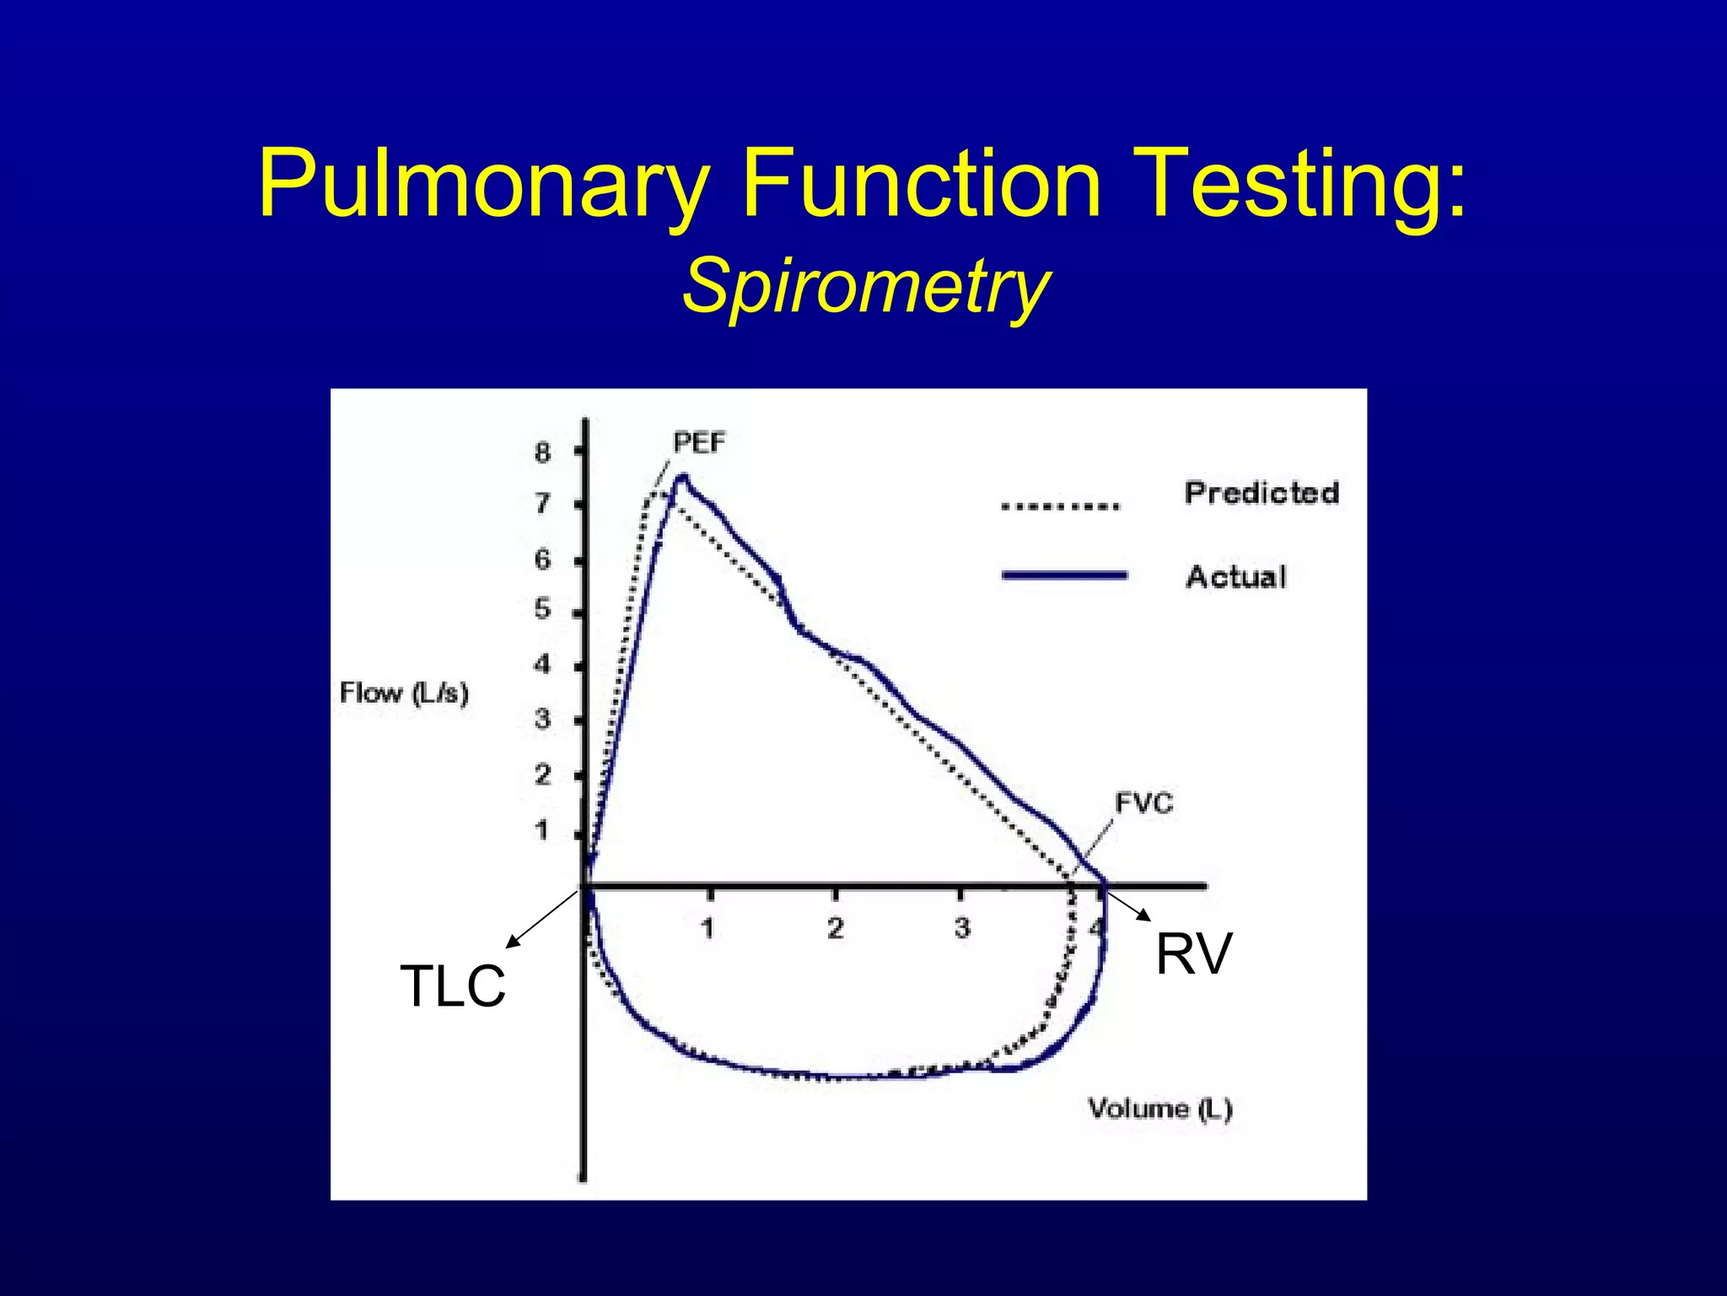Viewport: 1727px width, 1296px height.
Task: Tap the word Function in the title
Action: coord(921,183)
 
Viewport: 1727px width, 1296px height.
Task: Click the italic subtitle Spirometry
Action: coord(866,286)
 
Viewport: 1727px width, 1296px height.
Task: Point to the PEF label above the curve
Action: coord(698,442)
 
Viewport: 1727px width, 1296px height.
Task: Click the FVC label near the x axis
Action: coord(1143,802)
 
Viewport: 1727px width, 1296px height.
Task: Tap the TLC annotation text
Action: coord(452,985)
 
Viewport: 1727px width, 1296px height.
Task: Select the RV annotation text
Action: coord(1193,954)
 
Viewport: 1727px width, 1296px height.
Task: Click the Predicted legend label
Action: coord(1262,493)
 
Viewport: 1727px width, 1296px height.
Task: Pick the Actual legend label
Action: coord(1235,577)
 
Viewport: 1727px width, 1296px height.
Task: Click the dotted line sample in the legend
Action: coord(1060,507)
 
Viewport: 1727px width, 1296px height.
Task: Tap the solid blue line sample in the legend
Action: coord(1064,575)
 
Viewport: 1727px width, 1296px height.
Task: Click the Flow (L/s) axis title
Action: coord(404,694)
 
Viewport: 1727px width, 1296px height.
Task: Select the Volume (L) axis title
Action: coord(1160,1108)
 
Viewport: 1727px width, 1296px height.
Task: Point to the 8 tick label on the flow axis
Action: coord(542,453)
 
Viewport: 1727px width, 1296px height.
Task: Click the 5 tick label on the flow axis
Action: coord(542,609)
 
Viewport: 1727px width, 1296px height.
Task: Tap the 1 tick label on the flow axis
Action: coord(542,831)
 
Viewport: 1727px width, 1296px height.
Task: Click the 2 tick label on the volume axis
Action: coord(835,929)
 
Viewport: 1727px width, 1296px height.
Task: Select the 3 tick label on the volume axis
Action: coord(962,929)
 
